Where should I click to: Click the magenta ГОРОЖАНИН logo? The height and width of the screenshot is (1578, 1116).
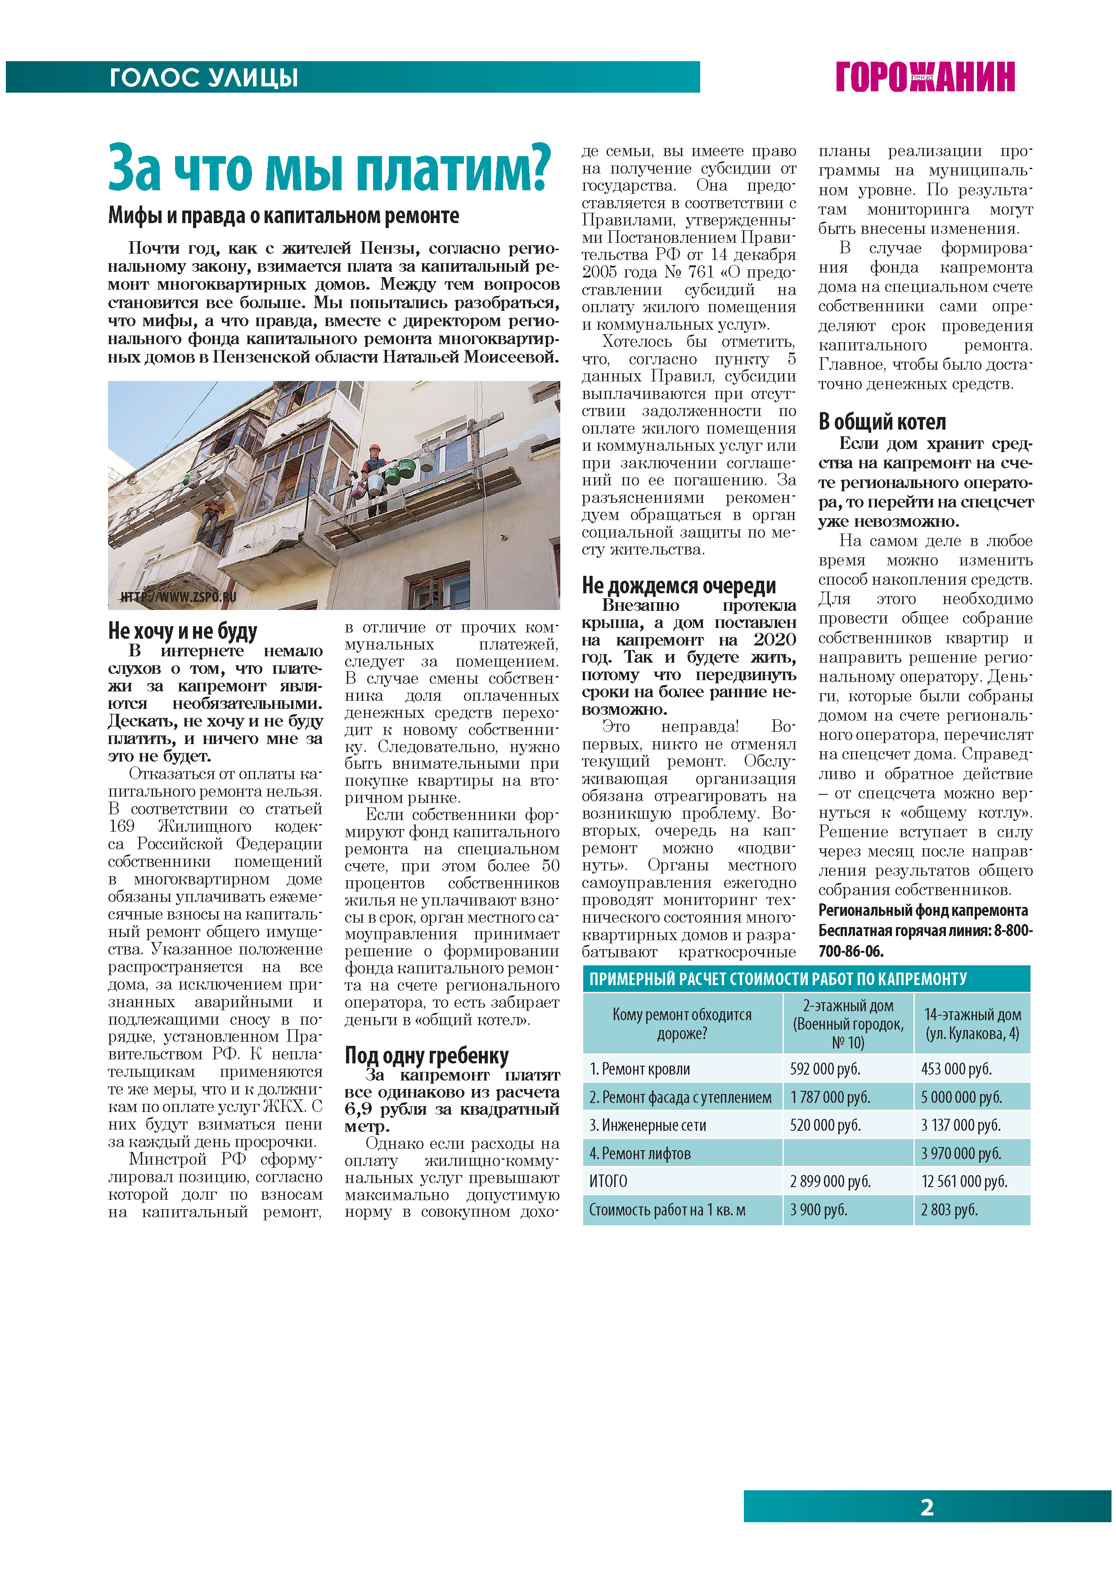925,76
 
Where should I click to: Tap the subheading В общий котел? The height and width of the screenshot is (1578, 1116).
882,421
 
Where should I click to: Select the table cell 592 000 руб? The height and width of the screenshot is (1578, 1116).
825,1069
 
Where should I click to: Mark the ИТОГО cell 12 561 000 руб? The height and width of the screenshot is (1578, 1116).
964,1181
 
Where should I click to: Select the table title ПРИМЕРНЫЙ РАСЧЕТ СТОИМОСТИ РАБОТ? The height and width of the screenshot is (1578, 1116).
778,979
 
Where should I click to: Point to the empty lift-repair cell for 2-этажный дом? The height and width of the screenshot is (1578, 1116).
848,1153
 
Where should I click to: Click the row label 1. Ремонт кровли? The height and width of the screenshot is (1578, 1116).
639,1069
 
